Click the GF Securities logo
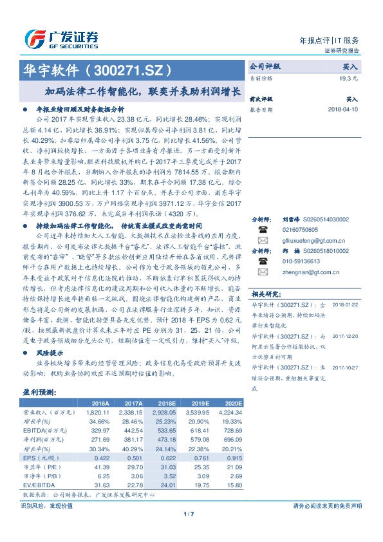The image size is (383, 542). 61,38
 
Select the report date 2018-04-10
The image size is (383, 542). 342,109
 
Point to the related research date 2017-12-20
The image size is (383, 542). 345,335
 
